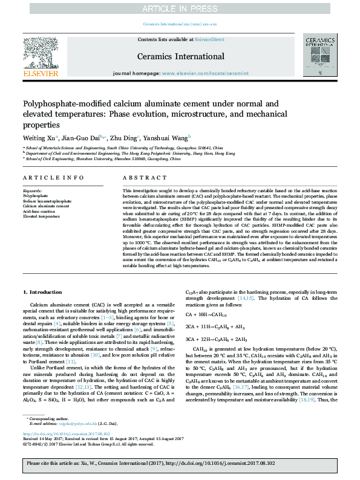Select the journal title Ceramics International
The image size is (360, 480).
(180, 55)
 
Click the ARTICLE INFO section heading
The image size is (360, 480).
(54, 178)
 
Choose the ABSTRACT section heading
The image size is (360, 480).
(141, 178)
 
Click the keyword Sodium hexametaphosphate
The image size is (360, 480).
(47, 201)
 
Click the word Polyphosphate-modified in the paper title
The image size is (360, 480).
(61, 103)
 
